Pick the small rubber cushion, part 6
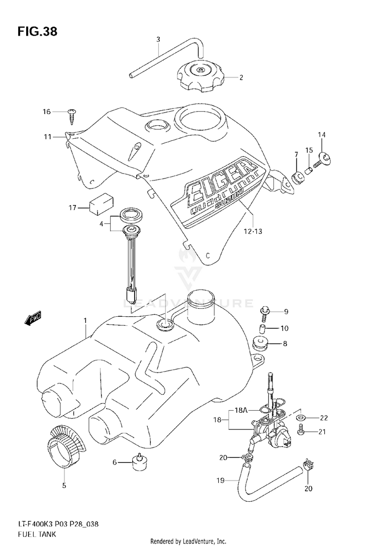pyautogui.click(x=139, y=462)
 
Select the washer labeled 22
pyautogui.click(x=301, y=417)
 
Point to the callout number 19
pyautogui.click(x=220, y=481)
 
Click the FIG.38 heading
pyautogui.click(x=37, y=32)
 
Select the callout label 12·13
pyautogui.click(x=253, y=231)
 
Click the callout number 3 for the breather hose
pyautogui.click(x=158, y=39)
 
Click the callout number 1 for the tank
pyautogui.click(x=85, y=320)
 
